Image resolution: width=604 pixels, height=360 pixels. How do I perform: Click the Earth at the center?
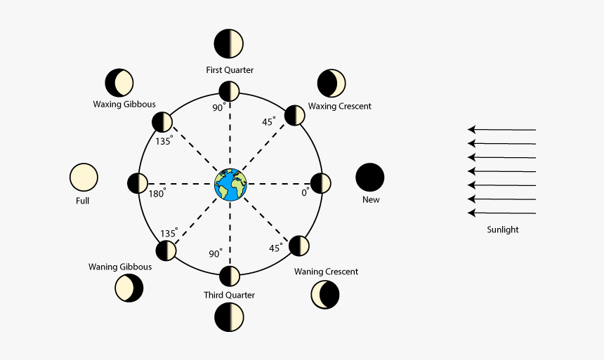click(x=230, y=184)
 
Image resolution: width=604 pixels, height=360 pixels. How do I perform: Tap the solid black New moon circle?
click(x=370, y=177)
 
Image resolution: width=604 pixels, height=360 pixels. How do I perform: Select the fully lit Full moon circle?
click(x=84, y=177)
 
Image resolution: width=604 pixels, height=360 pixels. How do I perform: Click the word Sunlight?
click(x=502, y=229)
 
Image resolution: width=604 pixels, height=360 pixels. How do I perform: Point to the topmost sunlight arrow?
click(x=501, y=129)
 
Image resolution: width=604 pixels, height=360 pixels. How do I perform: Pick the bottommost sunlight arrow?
click(x=501, y=213)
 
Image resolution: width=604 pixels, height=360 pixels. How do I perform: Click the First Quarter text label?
click(x=230, y=70)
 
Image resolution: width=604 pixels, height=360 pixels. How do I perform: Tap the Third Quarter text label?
click(x=230, y=295)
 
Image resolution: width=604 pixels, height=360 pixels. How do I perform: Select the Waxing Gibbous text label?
click(x=124, y=105)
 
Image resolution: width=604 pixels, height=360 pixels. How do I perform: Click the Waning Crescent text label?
click(x=326, y=272)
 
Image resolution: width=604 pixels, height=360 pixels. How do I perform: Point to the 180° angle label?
click(x=157, y=193)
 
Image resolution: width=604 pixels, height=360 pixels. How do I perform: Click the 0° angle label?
click(x=305, y=192)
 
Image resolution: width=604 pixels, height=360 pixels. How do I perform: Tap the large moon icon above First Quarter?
click(x=229, y=44)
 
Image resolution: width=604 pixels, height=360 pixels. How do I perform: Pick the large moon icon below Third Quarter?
click(x=229, y=317)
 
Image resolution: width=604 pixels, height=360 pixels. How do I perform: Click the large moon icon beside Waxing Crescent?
click(x=331, y=84)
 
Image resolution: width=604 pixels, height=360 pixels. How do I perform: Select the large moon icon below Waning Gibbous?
click(x=129, y=288)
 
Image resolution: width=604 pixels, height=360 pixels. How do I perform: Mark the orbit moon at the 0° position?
click(x=321, y=184)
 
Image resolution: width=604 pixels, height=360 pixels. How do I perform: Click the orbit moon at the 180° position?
click(x=138, y=184)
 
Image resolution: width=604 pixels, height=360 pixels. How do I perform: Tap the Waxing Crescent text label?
click(x=340, y=106)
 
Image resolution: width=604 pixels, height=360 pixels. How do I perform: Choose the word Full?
click(x=83, y=201)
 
